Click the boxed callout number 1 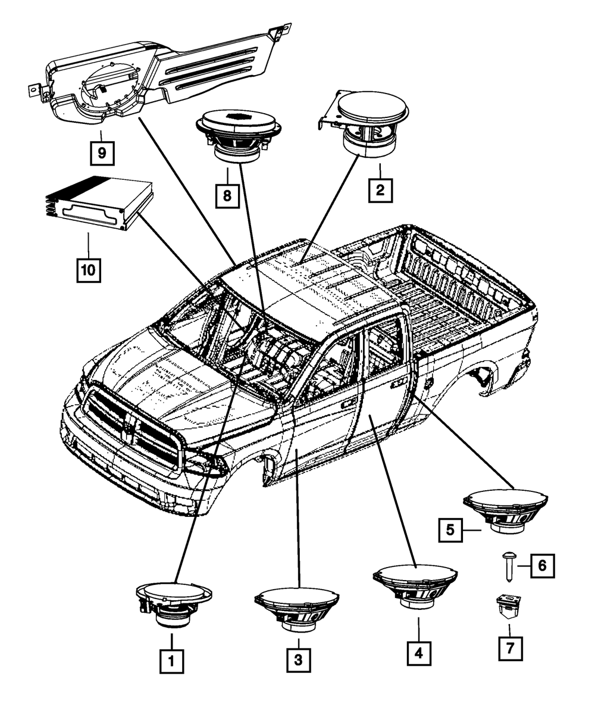tap(171, 662)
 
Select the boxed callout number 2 tap(380, 190)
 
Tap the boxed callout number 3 tap(299, 660)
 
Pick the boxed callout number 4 tap(419, 653)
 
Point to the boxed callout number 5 tap(450, 530)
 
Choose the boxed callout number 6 tap(543, 566)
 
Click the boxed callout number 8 tap(227, 196)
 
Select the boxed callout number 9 tap(102, 152)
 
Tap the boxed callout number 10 tap(89, 270)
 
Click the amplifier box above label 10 tap(99, 203)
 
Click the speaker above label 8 tap(239, 136)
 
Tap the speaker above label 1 tap(174, 605)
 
